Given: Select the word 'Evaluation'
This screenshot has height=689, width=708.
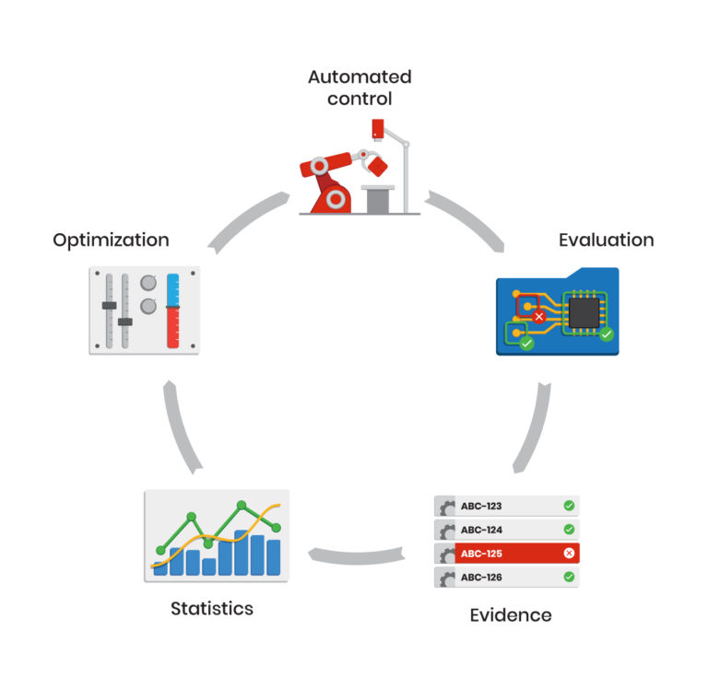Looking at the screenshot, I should pyautogui.click(x=606, y=239).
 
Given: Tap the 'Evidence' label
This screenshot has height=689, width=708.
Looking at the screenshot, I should pyautogui.click(x=511, y=614).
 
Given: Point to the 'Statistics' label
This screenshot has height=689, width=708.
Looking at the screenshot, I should pyautogui.click(x=211, y=608).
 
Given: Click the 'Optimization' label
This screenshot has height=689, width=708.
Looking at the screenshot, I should pyautogui.click(x=111, y=239).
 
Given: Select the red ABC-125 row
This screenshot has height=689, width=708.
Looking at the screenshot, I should pyautogui.click(x=507, y=554).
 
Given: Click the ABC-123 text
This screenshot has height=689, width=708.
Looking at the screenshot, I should pyautogui.click(x=481, y=506).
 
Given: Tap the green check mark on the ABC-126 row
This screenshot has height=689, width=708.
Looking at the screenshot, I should pyautogui.click(x=569, y=578).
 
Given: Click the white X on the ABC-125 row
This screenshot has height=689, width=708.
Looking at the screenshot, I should pyautogui.click(x=569, y=554).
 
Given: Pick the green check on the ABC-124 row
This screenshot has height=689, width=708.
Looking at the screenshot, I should pyautogui.click(x=569, y=530).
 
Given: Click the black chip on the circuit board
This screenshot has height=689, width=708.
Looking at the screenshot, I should pyautogui.click(x=582, y=311).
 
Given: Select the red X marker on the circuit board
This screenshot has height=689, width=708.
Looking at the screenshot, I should pyautogui.click(x=539, y=316).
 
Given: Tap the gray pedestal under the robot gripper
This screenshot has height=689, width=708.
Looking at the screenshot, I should pyautogui.click(x=378, y=198).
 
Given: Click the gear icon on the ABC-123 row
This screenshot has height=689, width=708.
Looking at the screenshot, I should pyautogui.click(x=447, y=507).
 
